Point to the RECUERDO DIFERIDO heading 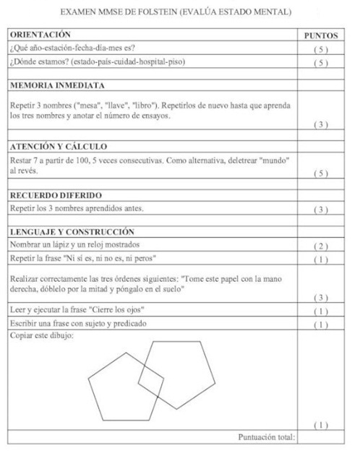click(56, 195)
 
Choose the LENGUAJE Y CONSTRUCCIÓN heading click(72, 232)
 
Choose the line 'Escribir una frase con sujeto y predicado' click(84, 323)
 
